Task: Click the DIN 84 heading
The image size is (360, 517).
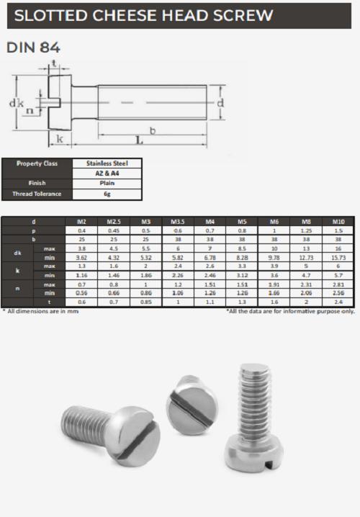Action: coord(33,48)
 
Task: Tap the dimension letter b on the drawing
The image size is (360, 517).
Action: coord(153,129)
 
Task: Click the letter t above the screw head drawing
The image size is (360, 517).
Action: coord(55,65)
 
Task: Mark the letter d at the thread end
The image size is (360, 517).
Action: coord(220,103)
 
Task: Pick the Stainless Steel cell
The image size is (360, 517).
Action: coord(107,163)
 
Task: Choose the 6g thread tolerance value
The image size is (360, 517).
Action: coord(107,194)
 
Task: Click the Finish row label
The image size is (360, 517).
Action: coord(39,184)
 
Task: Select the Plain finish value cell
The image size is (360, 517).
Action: coord(107,184)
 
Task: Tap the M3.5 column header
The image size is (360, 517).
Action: coord(178,221)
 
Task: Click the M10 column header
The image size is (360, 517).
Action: coord(339,221)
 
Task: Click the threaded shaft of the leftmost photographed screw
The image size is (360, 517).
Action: coord(81,424)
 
